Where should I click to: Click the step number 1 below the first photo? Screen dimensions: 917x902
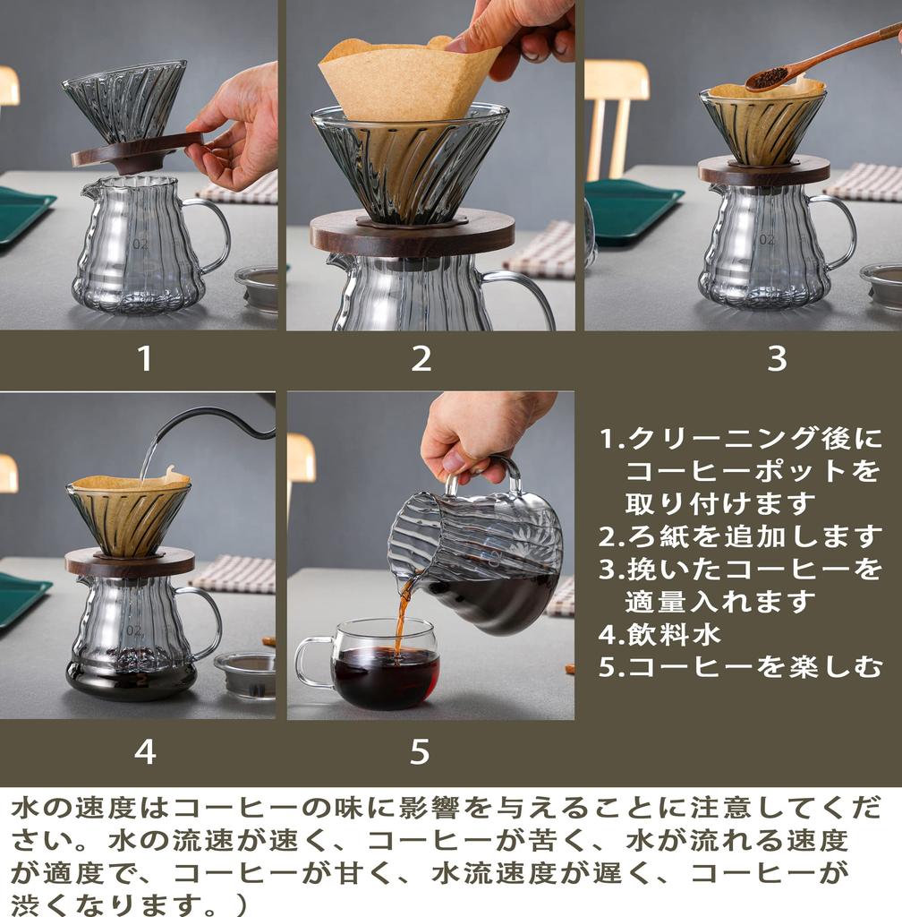tap(144, 358)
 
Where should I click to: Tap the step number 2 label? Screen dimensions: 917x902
tap(421, 358)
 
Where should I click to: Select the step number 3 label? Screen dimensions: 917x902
tap(777, 358)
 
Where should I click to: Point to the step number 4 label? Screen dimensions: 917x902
tap(144, 751)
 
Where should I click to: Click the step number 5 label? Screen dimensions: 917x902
tap(420, 751)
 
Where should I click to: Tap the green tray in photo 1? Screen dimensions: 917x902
tap(21, 215)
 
